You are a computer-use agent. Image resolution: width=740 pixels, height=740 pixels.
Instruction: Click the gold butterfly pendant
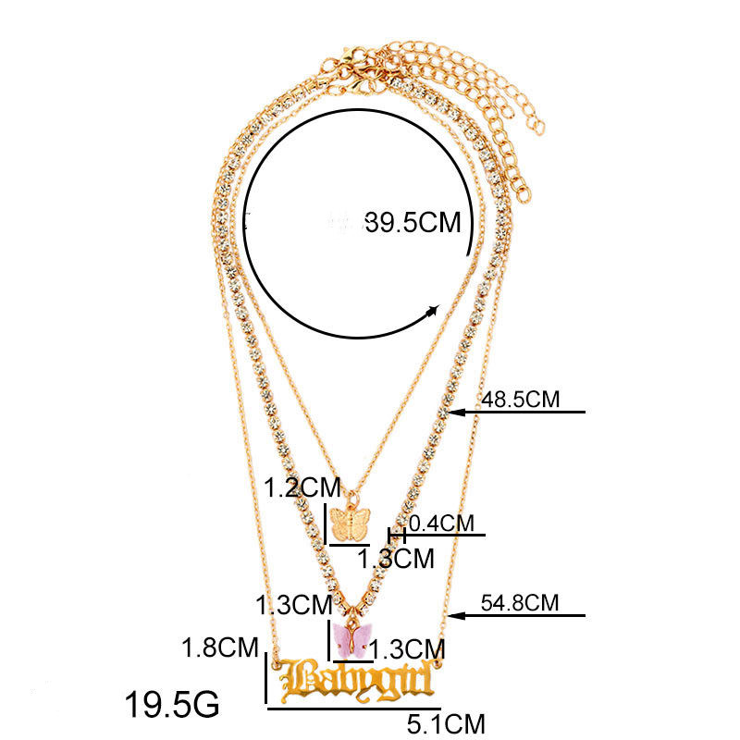point(350,524)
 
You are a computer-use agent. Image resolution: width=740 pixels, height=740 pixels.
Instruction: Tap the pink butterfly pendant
point(351,639)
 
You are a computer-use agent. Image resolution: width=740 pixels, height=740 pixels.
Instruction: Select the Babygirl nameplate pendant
point(357,680)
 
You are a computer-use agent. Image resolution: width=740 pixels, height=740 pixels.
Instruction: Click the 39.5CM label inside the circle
point(413,222)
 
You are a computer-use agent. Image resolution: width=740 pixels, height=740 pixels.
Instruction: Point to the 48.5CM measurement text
point(520,400)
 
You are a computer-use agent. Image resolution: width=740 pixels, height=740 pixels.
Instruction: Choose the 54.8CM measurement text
point(520,603)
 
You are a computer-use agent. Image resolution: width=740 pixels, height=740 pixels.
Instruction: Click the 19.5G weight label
point(172,704)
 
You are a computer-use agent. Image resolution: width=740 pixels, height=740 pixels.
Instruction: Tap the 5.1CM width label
point(446,724)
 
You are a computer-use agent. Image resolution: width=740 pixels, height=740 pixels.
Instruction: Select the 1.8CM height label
point(220,647)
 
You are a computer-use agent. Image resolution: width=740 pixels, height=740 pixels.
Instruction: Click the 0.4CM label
point(441,524)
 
